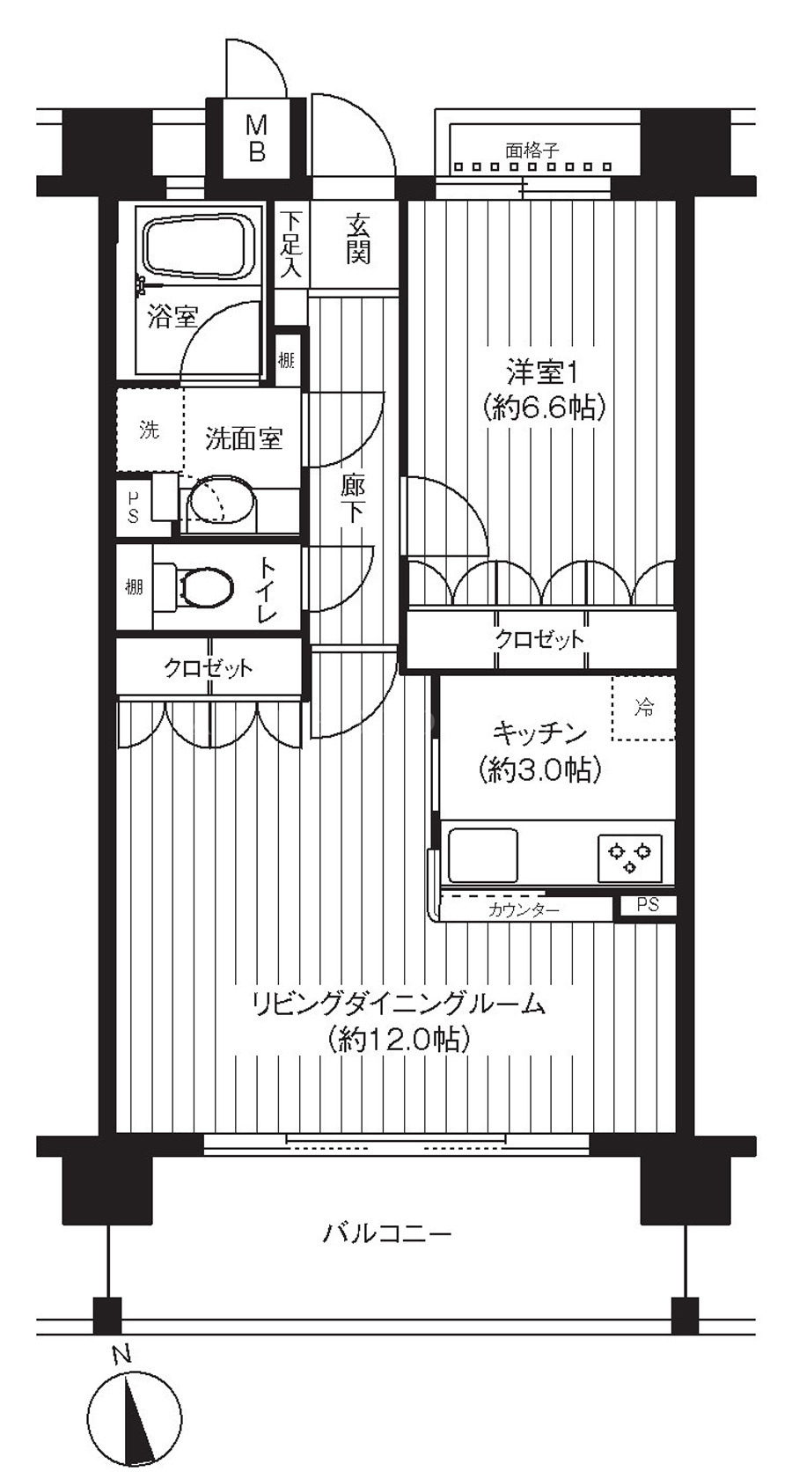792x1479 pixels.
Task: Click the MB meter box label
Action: coord(257,139)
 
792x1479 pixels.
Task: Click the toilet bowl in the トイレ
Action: coord(204,586)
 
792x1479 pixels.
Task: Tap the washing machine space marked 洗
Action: coord(150,430)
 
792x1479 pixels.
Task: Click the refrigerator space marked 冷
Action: coord(643,709)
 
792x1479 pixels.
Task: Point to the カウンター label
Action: coord(524,910)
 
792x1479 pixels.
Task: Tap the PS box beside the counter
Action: coord(648,905)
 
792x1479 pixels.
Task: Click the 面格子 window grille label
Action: coord(532,151)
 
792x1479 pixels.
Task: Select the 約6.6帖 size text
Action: coord(545,408)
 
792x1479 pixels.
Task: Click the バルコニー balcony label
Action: coord(387,1232)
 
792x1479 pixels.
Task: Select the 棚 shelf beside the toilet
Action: coord(134,586)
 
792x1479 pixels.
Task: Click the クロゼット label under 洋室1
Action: coord(539,639)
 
